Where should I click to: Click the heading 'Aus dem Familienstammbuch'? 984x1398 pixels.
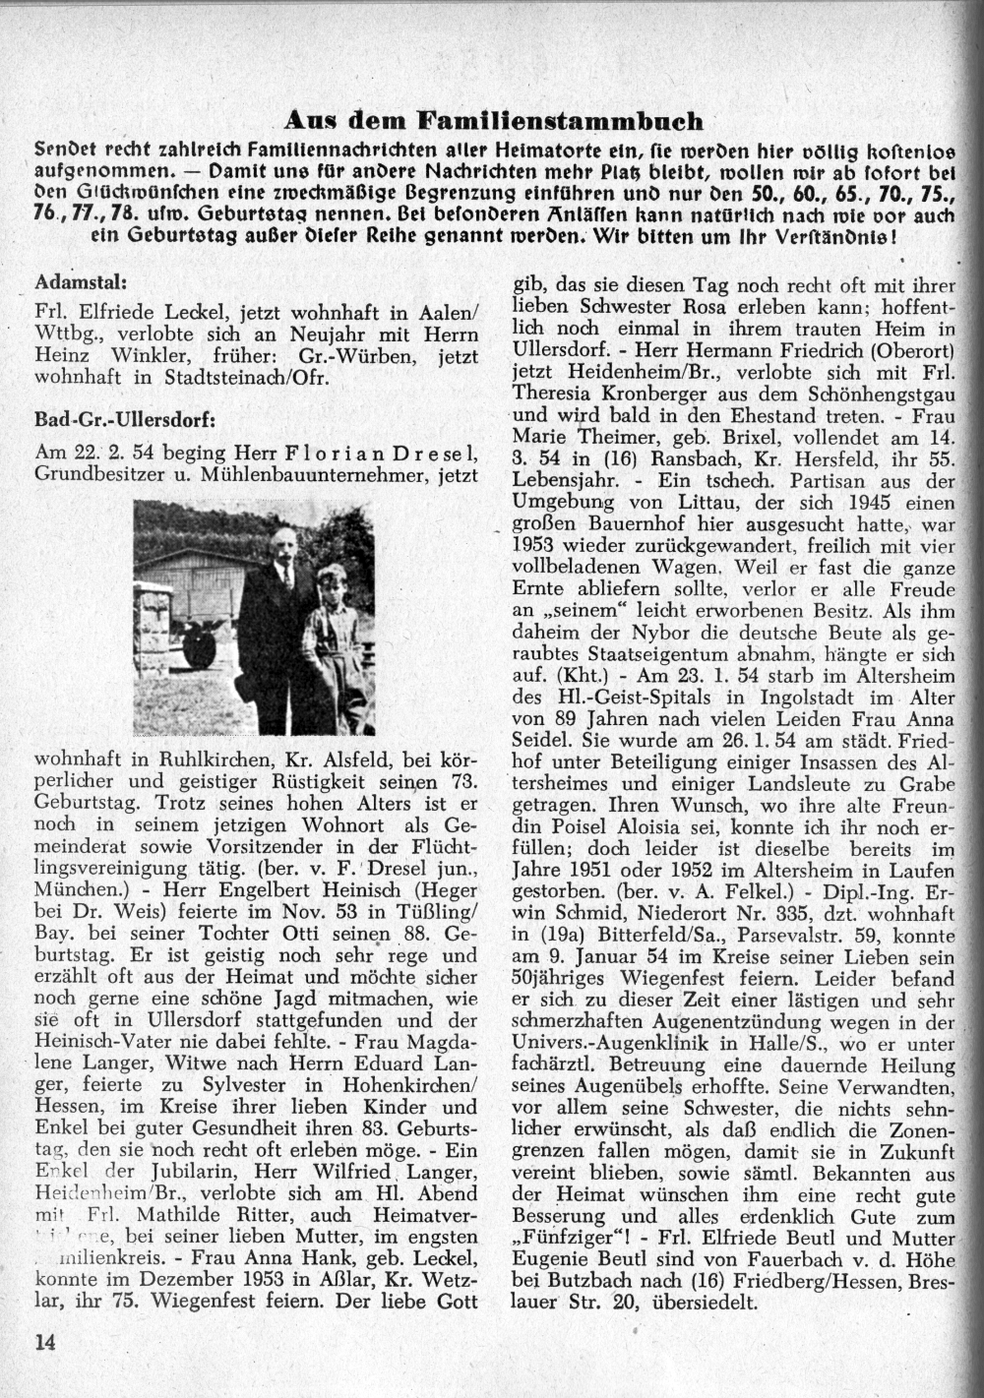coord(493,121)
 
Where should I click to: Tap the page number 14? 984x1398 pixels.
coord(45,1342)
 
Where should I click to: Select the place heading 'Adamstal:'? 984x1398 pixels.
coord(80,281)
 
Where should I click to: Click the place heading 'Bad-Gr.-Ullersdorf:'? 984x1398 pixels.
coord(125,418)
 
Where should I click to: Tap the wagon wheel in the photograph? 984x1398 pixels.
coord(201,645)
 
